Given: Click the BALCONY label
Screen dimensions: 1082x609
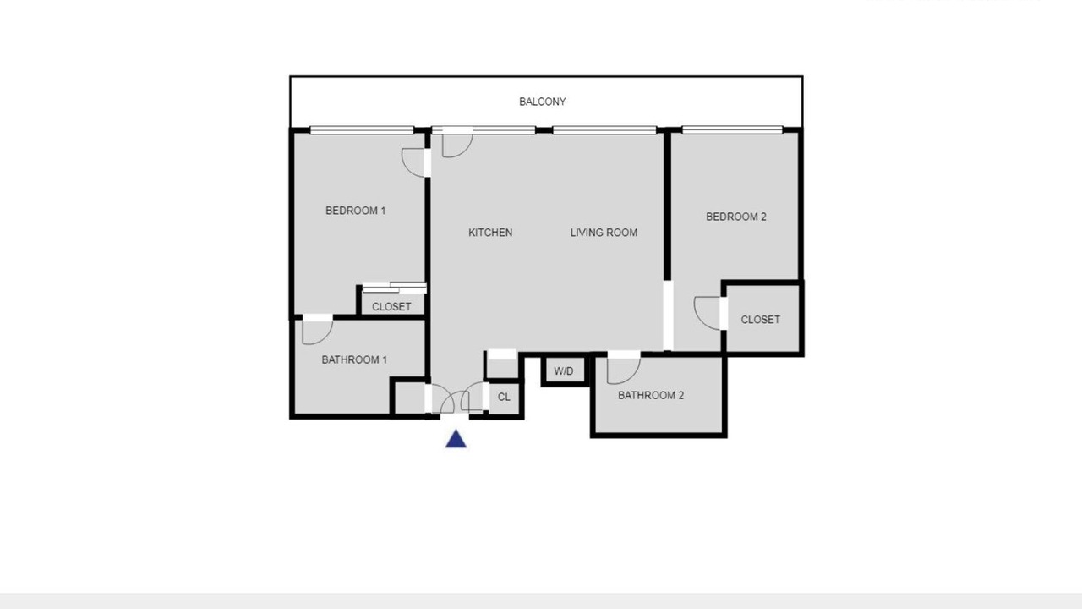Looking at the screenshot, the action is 542,101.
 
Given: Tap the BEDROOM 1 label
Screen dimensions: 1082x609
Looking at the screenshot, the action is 356,211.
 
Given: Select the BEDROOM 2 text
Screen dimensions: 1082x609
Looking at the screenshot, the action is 736,217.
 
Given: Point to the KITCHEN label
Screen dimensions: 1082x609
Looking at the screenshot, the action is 490,233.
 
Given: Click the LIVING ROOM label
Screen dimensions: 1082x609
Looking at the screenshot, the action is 604,233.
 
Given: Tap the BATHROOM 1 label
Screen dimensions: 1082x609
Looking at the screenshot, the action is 354,359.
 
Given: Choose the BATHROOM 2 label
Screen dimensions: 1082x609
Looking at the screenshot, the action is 651,395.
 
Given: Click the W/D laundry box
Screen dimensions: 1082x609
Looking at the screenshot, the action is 564,370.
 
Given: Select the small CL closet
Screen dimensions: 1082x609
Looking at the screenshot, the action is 504,398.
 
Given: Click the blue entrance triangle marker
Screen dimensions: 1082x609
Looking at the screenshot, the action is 456,439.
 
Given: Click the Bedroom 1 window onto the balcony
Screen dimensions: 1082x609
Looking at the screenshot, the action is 362,129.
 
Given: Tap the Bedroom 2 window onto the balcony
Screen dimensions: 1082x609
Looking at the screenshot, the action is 732,129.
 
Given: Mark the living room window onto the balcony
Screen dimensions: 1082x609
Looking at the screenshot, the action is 604,129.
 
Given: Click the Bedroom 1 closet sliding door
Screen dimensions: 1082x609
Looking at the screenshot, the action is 394,288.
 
